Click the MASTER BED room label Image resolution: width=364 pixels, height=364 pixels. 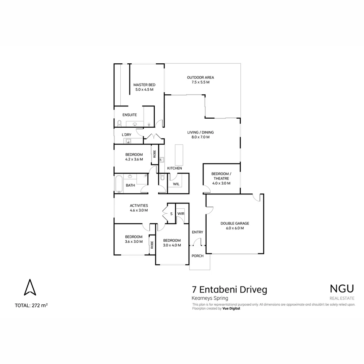click(144, 85)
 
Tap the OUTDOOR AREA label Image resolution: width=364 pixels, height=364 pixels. click(200, 78)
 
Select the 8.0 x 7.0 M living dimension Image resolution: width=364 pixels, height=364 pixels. click(201, 137)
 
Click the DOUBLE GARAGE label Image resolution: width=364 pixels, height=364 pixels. click(235, 223)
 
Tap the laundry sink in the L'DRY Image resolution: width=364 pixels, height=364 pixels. click(128, 141)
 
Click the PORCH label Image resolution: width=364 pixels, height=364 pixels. click(198, 256)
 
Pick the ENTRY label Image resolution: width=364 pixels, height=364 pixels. click(198, 232)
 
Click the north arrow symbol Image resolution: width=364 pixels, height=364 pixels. click(30, 287)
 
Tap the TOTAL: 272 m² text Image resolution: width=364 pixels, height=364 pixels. click(31, 306)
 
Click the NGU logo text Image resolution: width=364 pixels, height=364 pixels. click(341, 289)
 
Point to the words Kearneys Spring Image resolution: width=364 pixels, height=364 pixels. click(210, 298)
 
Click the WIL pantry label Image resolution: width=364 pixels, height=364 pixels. click(176, 184)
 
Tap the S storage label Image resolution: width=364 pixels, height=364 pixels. click(171, 214)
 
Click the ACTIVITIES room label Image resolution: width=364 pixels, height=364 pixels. click(139, 206)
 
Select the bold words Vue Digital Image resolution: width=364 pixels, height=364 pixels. click(231, 308)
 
